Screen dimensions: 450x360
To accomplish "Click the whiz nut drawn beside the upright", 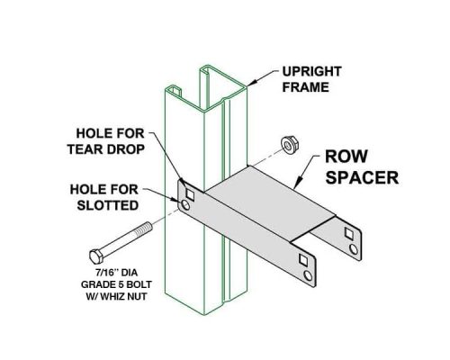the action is pos(290,145).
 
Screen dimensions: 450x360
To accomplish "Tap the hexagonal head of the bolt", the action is pos(96,256).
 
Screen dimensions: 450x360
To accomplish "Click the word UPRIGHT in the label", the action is pos(312,72).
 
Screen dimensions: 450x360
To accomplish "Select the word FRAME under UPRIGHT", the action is pos(306,87).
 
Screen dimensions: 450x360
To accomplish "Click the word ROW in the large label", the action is pos(346,157).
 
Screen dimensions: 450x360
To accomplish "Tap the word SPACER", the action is pos(362,177).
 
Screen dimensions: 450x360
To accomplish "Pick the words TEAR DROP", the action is pos(106,149).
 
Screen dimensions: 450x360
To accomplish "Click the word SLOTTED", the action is pos(108,205).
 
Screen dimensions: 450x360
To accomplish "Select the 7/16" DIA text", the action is pos(117,273).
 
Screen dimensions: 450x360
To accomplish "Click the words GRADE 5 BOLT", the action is pos(116,284).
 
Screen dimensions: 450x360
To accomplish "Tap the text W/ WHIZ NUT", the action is pos(116,296).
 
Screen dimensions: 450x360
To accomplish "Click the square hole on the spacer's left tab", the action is pos(190,195).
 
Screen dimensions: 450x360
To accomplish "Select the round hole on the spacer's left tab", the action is pos(185,205).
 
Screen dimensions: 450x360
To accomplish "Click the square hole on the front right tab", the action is pos(303,259).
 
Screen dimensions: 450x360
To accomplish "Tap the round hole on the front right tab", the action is pos(308,275).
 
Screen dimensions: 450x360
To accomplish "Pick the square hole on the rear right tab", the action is pos(349,233).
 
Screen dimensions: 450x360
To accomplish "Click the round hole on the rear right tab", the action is pos(354,249).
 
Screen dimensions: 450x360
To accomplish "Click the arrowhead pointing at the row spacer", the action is pos(297,184).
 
